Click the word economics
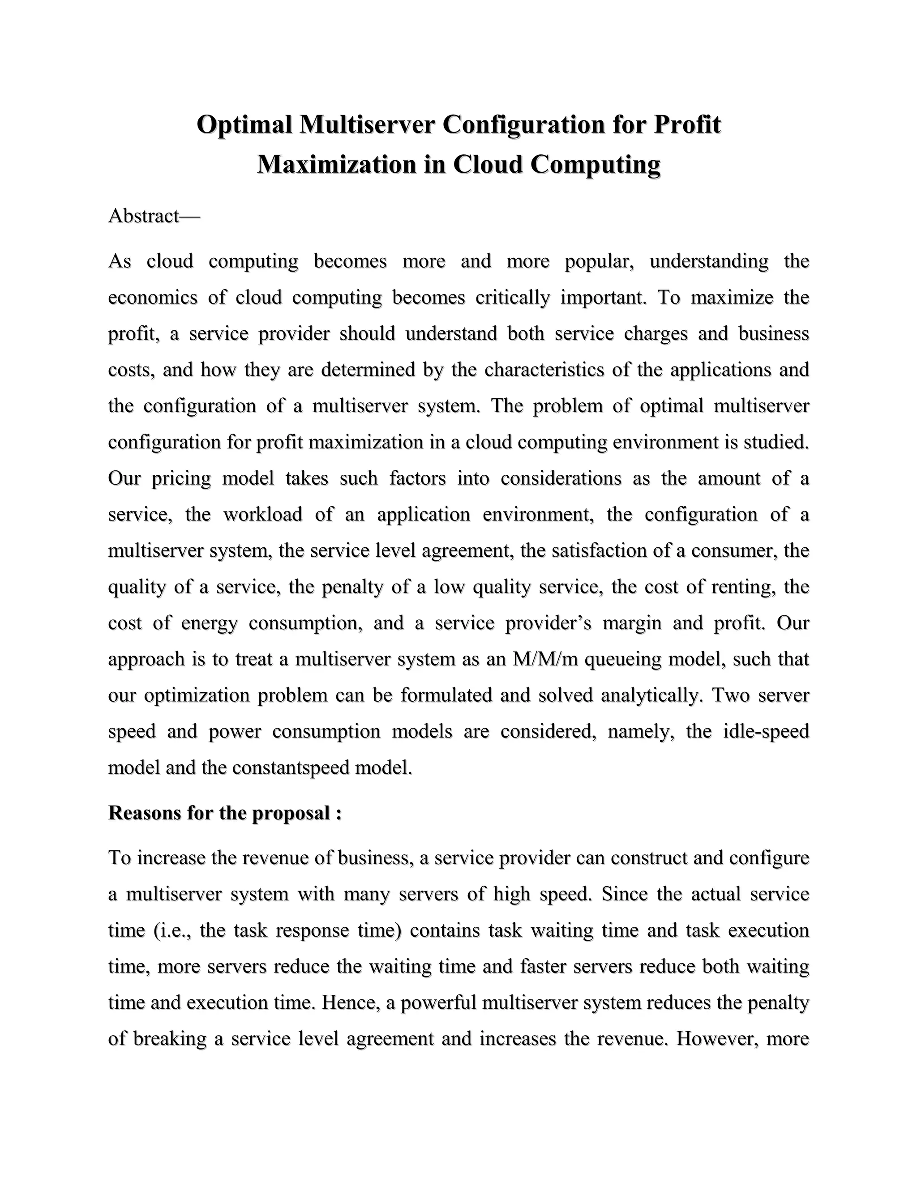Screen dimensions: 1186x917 [x=153, y=298]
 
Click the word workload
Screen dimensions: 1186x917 [x=262, y=514]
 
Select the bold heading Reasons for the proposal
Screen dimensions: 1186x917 [x=225, y=813]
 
